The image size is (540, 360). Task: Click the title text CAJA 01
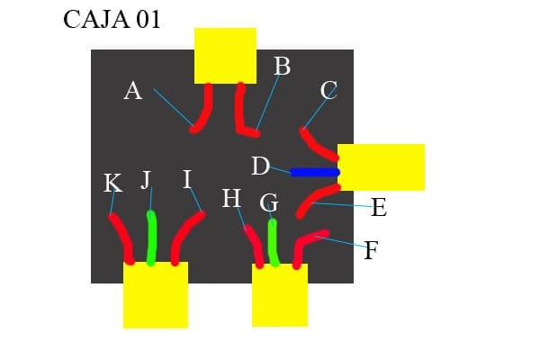pos(112,20)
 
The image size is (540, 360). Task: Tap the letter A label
pos(133,90)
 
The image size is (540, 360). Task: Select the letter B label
pos(282,66)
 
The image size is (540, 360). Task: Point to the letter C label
pos(328,90)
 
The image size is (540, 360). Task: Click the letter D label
pos(260,166)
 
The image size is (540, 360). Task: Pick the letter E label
pos(379,209)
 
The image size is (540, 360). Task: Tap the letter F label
pos(371,250)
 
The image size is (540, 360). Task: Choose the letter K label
pos(112,184)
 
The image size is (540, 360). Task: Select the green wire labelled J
pos(151,238)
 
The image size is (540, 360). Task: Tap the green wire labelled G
pos(273,241)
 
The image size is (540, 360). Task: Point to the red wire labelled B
pos(243,110)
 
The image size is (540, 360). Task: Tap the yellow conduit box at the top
pos(226,55)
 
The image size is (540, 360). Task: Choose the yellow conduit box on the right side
pos(381,166)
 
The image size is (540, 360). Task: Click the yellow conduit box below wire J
pos(156,295)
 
